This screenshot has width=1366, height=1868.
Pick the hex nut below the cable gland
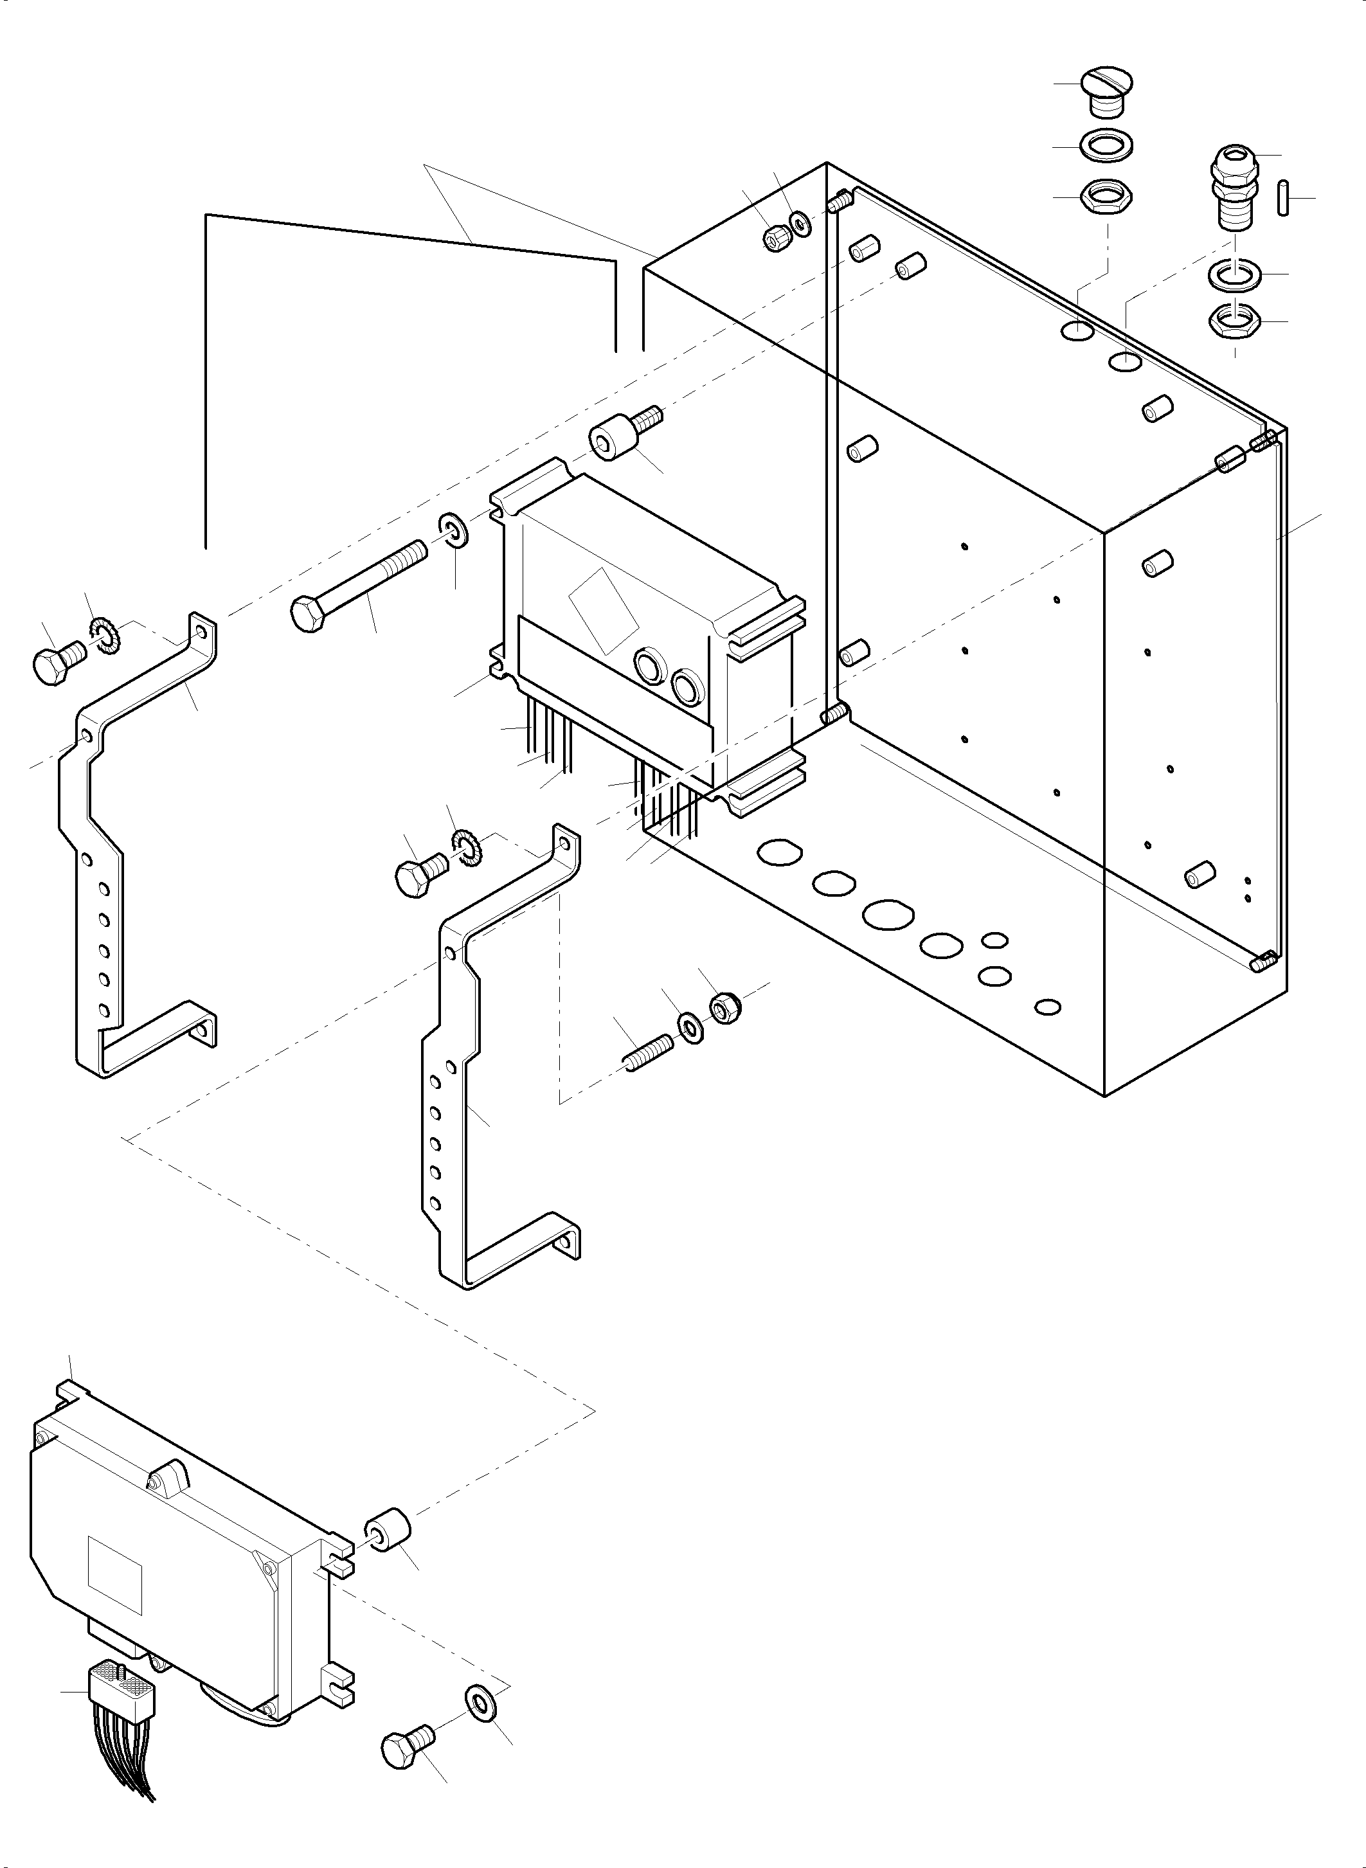[x=1234, y=321]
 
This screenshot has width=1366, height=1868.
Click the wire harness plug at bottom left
[x=121, y=1683]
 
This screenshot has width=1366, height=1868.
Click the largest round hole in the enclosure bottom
[x=888, y=913]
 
